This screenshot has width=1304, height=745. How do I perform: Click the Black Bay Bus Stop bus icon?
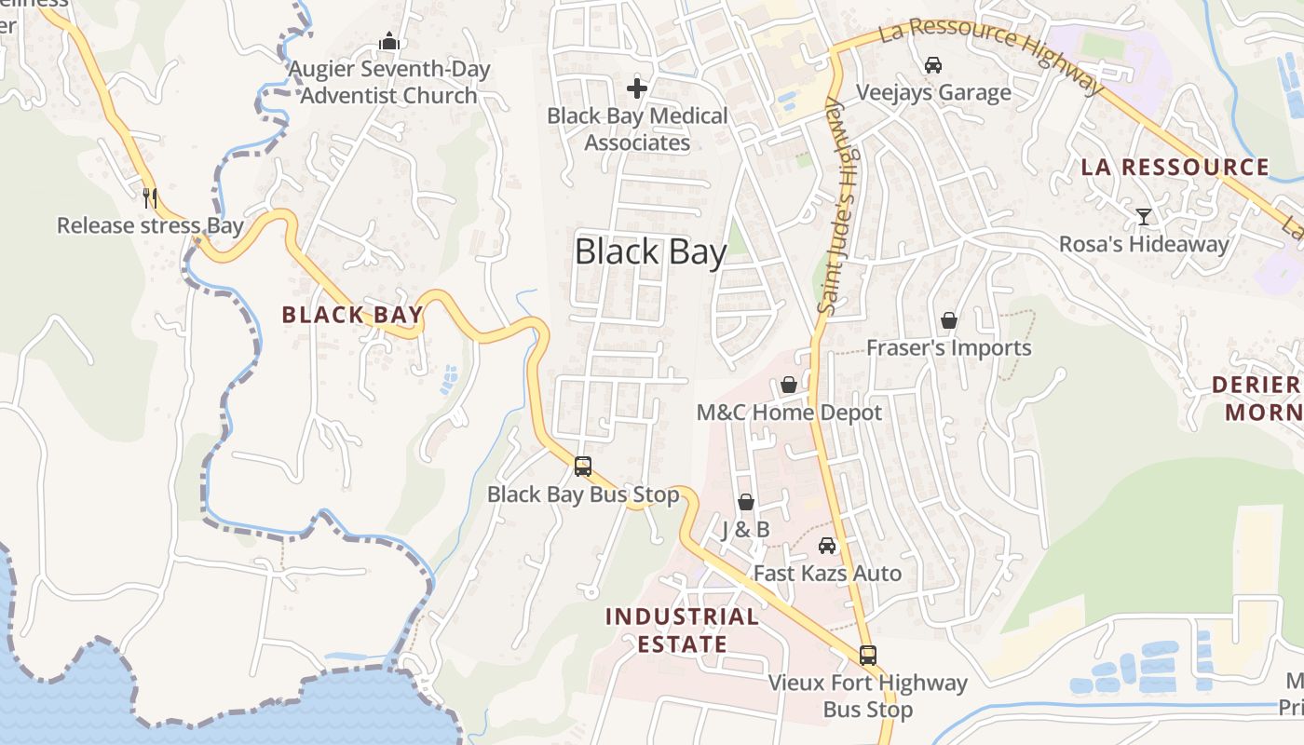click(583, 467)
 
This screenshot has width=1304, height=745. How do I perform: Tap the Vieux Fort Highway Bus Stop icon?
click(868, 656)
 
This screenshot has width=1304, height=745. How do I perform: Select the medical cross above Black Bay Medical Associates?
click(637, 88)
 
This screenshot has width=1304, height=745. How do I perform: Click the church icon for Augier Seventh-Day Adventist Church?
click(389, 42)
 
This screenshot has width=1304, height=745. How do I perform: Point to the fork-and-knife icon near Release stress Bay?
click(150, 197)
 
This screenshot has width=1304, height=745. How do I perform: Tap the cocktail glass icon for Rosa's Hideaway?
click(1144, 217)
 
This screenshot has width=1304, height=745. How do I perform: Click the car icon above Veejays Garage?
click(933, 65)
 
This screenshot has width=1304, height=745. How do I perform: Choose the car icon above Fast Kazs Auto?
click(827, 546)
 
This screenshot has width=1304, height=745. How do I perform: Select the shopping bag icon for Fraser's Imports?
click(949, 321)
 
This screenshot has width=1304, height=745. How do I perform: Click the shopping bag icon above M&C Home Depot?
click(789, 385)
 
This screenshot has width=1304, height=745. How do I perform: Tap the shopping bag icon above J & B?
click(746, 503)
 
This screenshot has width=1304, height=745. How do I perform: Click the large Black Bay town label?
click(650, 252)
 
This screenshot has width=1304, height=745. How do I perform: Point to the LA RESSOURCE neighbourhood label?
click(1175, 168)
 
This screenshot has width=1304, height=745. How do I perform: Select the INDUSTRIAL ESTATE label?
click(681, 630)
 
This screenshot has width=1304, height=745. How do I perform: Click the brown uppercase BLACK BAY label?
click(352, 315)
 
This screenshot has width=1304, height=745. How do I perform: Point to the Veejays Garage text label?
click(933, 93)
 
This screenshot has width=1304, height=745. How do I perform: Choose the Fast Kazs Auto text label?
click(827, 574)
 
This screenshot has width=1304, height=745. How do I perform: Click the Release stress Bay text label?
click(150, 225)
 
